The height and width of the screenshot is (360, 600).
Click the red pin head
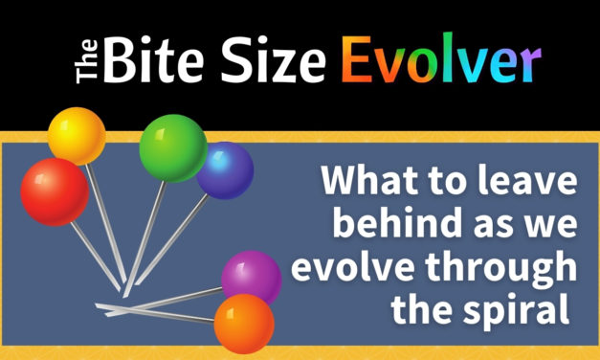(55, 191)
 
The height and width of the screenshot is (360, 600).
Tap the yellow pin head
(77, 135)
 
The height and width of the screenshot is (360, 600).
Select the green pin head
(173, 148)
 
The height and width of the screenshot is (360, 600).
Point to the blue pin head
(226, 169)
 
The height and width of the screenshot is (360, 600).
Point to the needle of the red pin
(96, 250)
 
